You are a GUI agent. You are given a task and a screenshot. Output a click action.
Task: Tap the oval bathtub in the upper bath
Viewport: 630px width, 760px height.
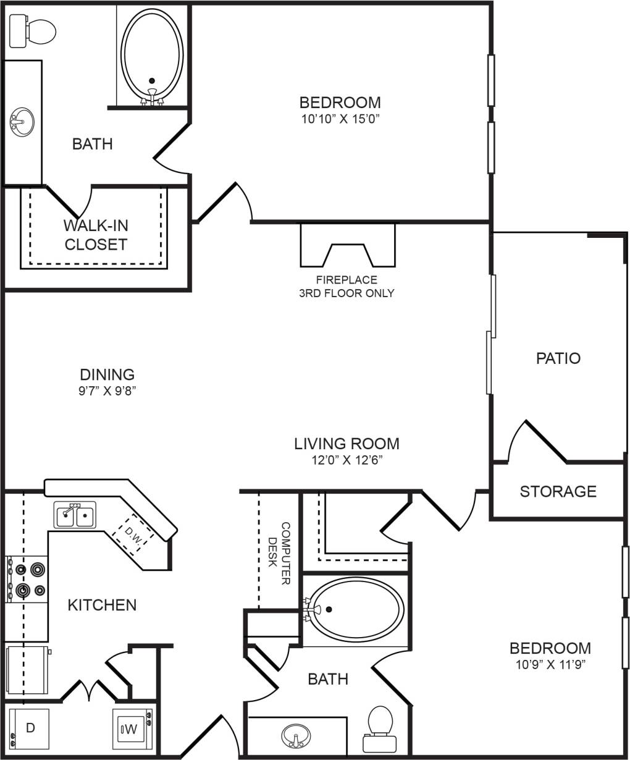pyautogui.click(x=152, y=53)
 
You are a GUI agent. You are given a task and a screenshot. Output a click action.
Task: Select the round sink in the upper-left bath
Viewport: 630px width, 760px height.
pyautogui.click(x=22, y=120)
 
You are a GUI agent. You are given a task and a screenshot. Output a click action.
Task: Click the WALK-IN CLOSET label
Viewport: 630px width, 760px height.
pyautogui.click(x=96, y=235)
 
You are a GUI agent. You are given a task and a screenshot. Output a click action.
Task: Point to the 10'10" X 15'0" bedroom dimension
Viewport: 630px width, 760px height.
pyautogui.click(x=340, y=119)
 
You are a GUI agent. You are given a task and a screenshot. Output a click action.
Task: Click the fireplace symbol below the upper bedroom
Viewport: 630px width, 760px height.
pyautogui.click(x=347, y=244)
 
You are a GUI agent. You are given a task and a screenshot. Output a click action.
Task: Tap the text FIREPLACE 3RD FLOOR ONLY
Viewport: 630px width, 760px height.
pyautogui.click(x=346, y=287)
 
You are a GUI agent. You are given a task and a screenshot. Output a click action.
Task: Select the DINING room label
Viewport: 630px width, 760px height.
pyautogui.click(x=107, y=374)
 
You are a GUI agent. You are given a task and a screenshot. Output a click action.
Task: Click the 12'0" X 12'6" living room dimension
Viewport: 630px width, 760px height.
pyautogui.click(x=346, y=460)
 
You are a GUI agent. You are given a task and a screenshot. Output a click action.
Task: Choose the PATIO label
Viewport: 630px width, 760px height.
pyautogui.click(x=558, y=358)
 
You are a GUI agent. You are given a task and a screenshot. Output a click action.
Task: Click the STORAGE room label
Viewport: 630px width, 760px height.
pyautogui.click(x=558, y=491)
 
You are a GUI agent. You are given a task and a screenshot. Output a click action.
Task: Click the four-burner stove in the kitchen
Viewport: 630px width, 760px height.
pyautogui.click(x=27, y=579)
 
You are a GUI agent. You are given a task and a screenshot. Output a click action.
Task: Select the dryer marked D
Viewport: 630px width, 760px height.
pyautogui.click(x=30, y=728)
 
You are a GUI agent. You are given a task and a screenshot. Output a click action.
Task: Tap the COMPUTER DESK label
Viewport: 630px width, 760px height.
pyautogui.click(x=280, y=554)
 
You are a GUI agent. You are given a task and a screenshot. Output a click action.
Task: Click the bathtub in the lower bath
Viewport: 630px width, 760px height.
pyautogui.click(x=356, y=610)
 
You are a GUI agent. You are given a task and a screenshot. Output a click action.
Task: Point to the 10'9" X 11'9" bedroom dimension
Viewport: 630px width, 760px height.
pyautogui.click(x=550, y=665)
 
